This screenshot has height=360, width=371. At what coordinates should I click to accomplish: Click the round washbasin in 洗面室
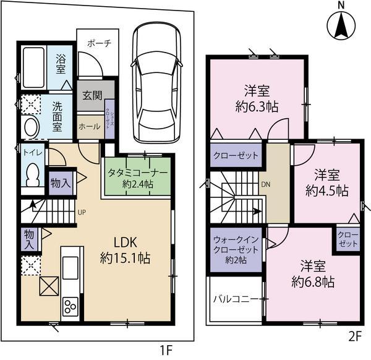tap(30, 127)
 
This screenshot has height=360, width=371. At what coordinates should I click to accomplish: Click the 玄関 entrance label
tap(92, 97)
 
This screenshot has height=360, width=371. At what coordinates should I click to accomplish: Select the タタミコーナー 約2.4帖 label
tap(137, 178)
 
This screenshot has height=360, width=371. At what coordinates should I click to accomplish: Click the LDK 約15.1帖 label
tap(125, 249)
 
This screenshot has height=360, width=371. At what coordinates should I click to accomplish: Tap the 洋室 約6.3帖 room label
tap(255, 98)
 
